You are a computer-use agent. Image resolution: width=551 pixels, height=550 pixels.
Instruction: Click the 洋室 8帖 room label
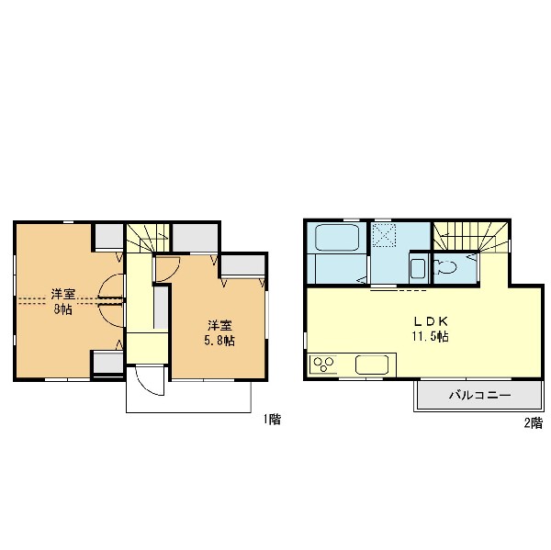(62, 301)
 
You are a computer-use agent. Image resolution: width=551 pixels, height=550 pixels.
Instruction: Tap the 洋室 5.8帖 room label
(219, 333)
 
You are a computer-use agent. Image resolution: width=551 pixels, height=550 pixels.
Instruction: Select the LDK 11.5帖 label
(431, 329)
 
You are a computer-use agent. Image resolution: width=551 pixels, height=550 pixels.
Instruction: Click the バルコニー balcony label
(479, 396)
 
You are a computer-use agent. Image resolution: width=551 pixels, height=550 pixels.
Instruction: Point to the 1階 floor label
(273, 420)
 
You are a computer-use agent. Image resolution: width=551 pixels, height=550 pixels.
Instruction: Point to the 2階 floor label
(534, 422)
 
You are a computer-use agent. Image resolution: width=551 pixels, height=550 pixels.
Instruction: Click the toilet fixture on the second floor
(444, 268)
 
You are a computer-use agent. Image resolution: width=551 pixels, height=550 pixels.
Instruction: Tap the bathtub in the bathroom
(337, 238)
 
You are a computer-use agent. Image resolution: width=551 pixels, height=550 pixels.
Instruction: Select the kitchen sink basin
(372, 365)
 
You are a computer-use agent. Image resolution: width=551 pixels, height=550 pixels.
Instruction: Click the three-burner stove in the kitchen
(323, 365)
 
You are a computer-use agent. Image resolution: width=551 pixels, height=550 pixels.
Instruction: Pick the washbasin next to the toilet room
(418, 269)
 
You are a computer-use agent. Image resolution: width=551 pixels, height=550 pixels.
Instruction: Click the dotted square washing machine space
(385, 235)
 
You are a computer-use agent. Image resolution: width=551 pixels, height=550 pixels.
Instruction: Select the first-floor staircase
(148, 238)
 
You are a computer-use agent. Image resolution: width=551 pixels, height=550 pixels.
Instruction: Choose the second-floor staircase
(470, 237)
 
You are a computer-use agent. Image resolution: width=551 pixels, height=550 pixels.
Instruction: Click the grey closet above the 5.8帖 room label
(242, 265)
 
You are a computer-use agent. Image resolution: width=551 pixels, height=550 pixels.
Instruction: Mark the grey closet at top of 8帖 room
(109, 236)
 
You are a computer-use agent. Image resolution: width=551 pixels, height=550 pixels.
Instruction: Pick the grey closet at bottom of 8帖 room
(108, 363)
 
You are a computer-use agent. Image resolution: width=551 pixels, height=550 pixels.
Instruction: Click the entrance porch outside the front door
(188, 397)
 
